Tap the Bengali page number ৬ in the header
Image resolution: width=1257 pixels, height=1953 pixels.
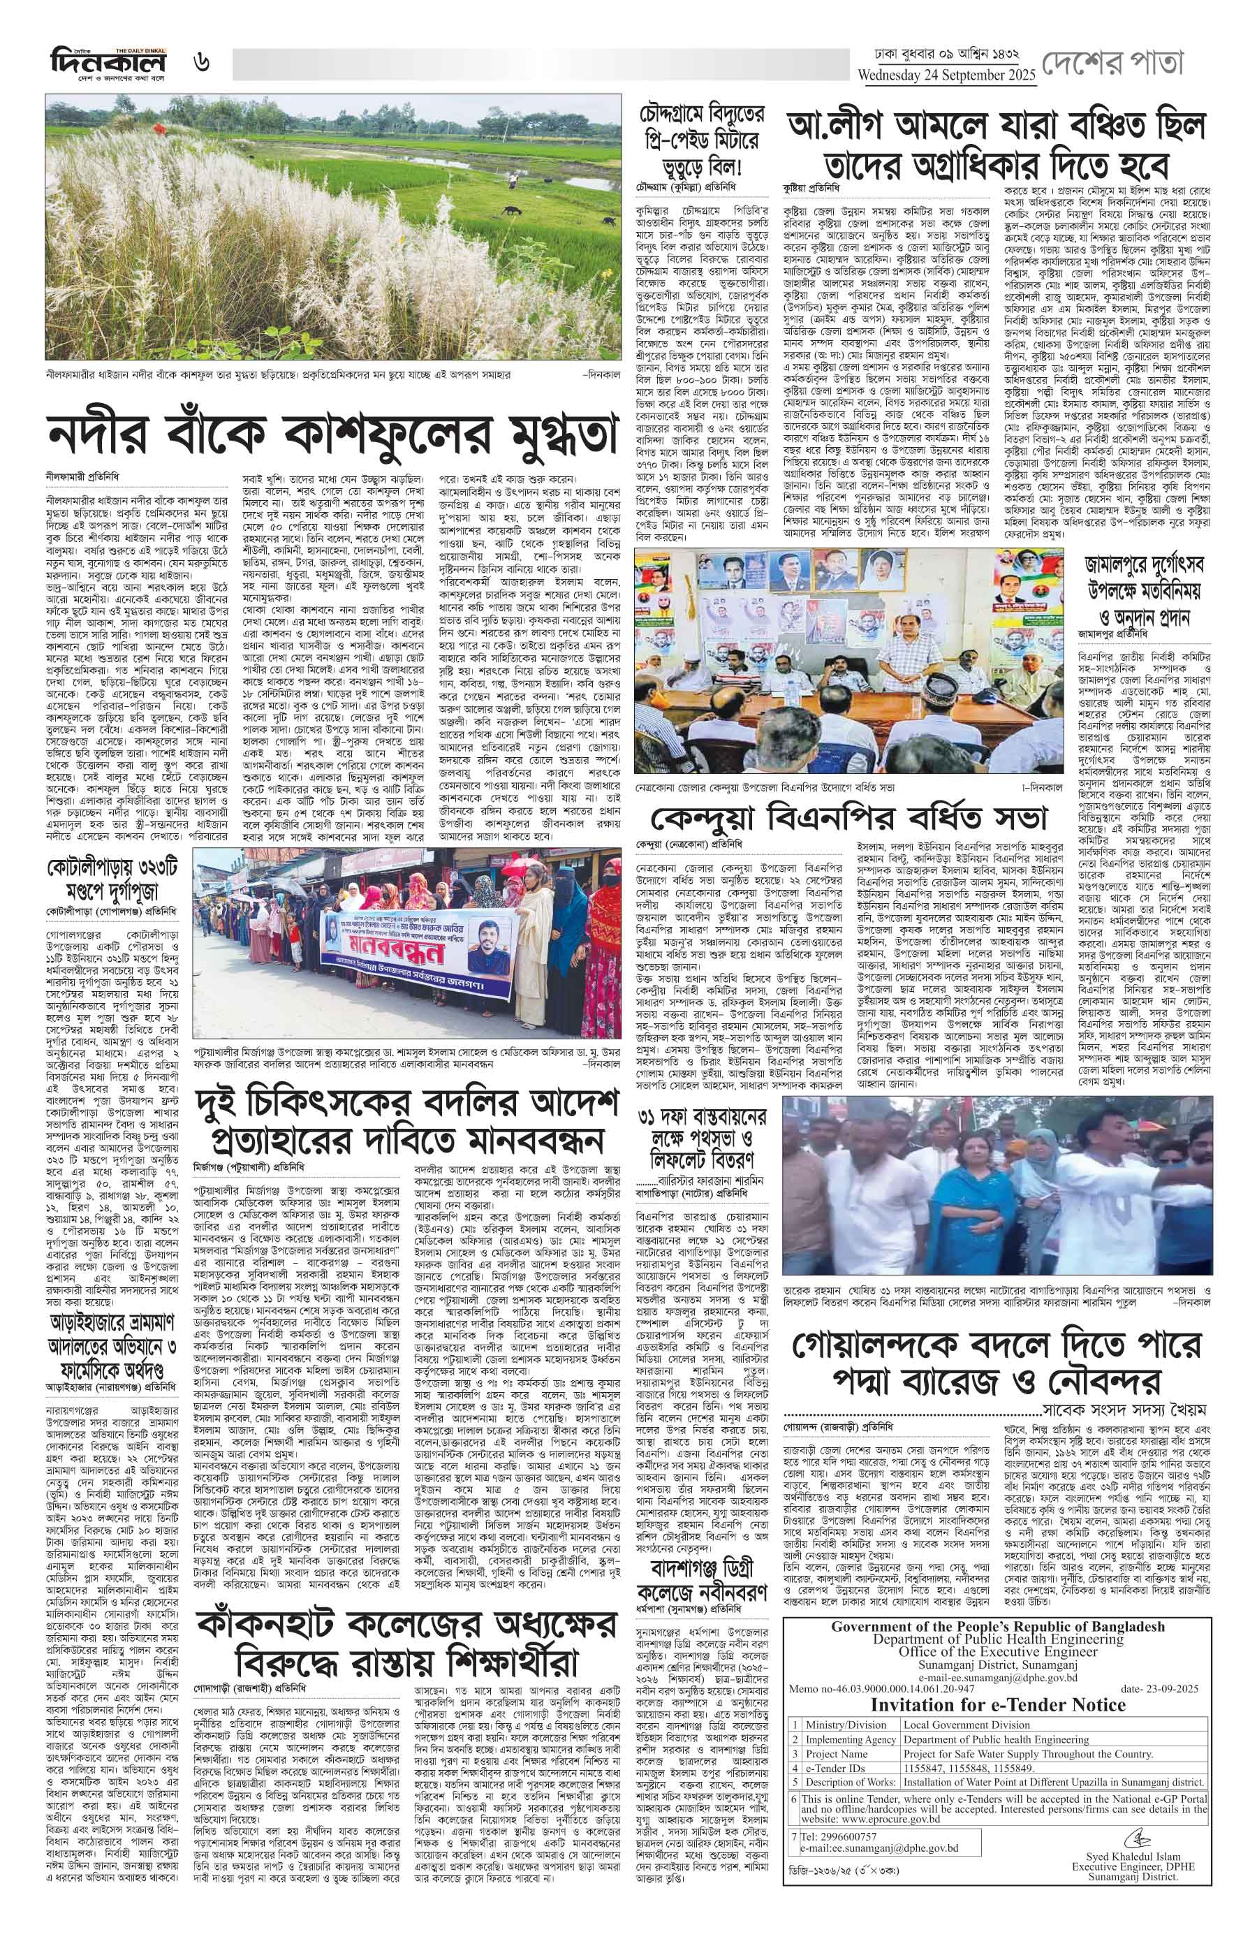pyautogui.click(x=202, y=63)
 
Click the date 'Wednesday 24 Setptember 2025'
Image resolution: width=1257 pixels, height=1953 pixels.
pyautogui.click(x=946, y=76)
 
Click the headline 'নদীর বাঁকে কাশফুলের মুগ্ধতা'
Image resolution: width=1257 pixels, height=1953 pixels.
pyautogui.click(x=330, y=438)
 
